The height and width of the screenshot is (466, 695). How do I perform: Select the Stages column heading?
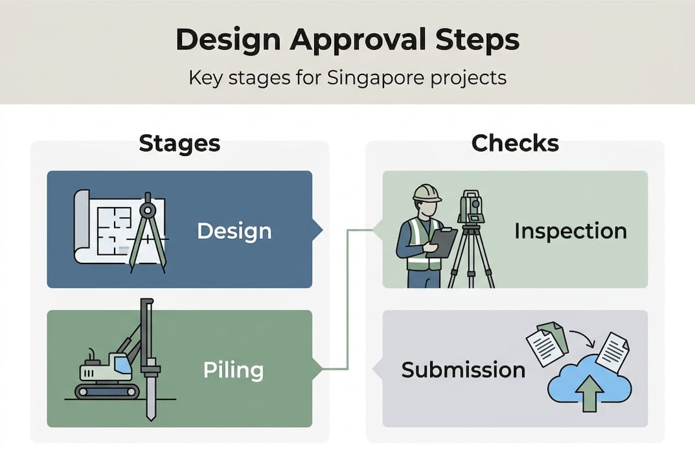(x=179, y=143)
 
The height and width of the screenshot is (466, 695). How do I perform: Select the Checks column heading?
(x=515, y=143)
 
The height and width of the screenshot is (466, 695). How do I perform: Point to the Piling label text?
(x=233, y=370)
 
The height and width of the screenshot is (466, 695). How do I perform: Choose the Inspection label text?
(x=570, y=231)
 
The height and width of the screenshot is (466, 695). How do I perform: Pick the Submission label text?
(x=463, y=370)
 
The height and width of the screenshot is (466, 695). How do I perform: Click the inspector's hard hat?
(x=427, y=194)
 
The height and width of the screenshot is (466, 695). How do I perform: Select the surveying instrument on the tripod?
(x=471, y=207)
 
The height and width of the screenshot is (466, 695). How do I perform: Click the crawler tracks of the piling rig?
(x=107, y=391)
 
